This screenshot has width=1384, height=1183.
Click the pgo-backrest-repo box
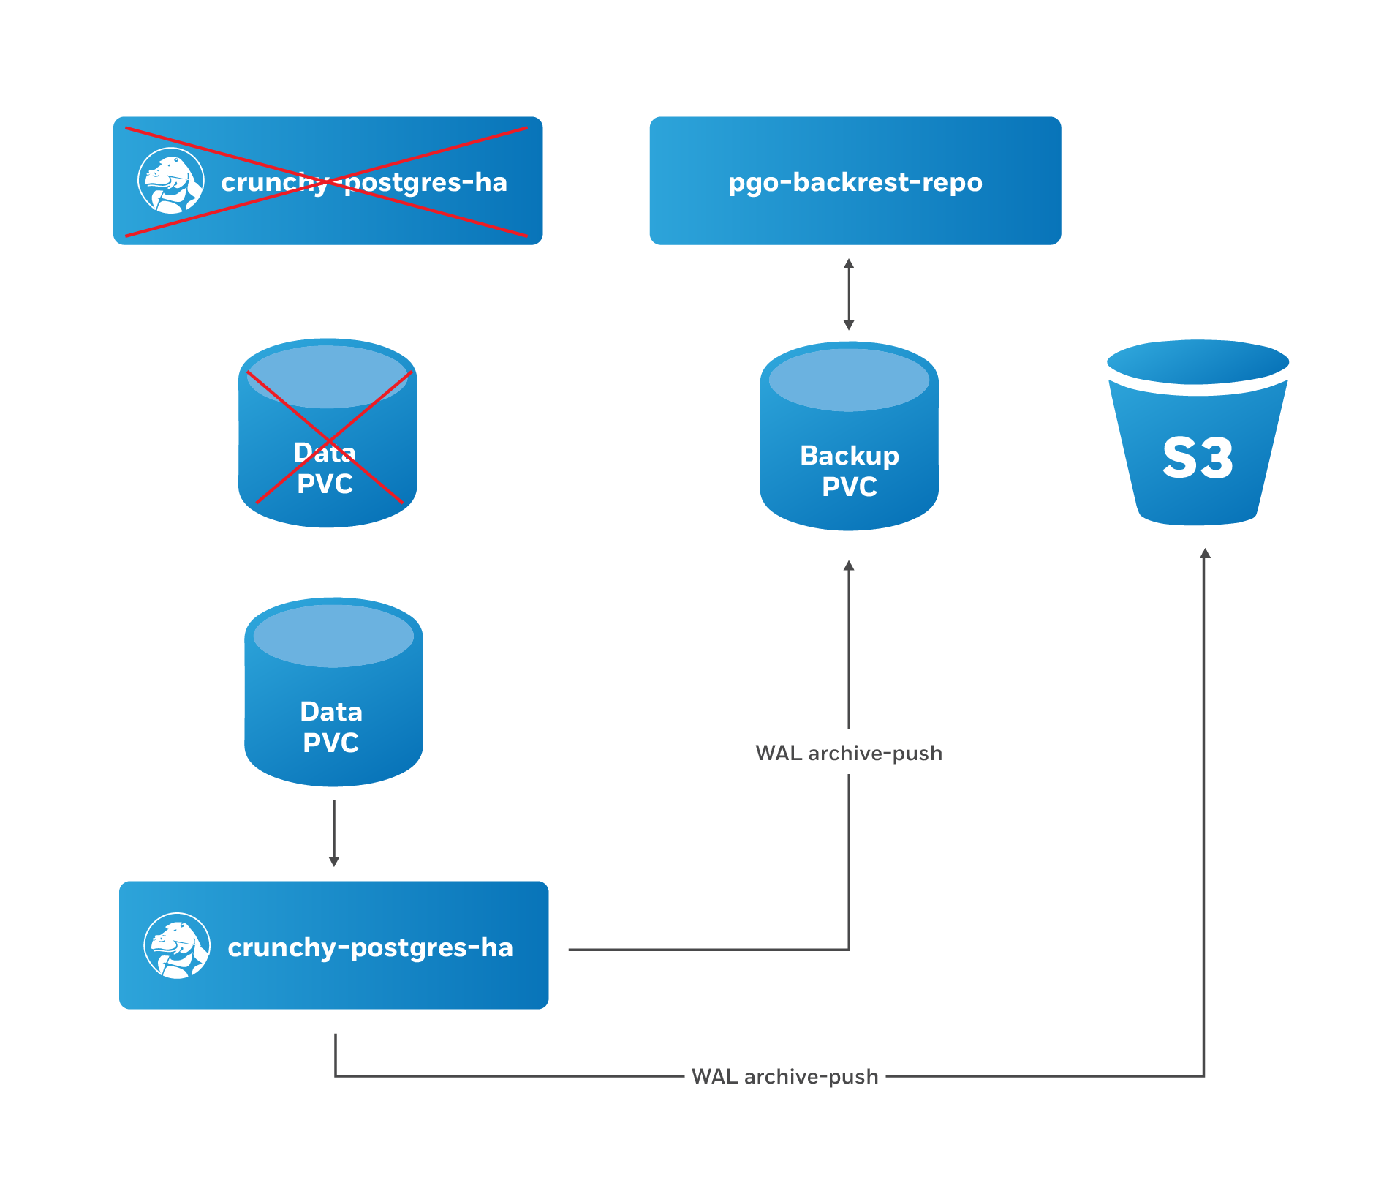click(x=855, y=180)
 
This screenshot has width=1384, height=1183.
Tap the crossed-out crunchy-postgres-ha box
click(x=328, y=180)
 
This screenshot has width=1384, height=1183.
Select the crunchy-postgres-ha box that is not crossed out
click(x=333, y=944)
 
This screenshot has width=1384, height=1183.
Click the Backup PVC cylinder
click(x=849, y=439)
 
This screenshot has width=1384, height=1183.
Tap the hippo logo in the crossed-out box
click(x=170, y=181)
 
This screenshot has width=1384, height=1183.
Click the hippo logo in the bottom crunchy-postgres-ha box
click(x=177, y=945)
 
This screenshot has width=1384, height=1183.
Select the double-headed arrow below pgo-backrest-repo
click(x=849, y=294)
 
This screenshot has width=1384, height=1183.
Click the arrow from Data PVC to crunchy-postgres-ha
click(x=334, y=834)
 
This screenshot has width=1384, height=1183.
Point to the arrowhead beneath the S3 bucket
click(x=1205, y=554)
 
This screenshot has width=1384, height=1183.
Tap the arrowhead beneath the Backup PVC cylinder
click(x=849, y=566)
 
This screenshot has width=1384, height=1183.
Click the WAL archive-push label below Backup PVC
click(x=848, y=753)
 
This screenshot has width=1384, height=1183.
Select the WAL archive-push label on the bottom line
click(x=784, y=1076)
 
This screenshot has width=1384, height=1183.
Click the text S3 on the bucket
click(x=1198, y=459)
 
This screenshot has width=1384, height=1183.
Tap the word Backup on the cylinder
click(x=849, y=455)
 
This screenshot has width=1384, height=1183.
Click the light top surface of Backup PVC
click(x=849, y=380)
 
